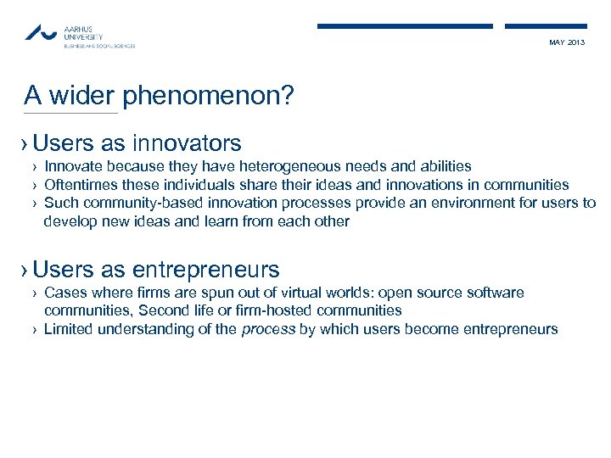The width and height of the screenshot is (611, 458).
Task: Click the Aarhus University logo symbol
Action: coord(42,33)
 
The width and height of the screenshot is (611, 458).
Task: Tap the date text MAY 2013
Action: coord(567,42)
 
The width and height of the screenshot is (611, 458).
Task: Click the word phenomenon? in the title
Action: coord(209,95)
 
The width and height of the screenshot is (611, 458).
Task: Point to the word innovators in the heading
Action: coord(187,142)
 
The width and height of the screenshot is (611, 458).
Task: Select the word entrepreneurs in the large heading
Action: coord(205,270)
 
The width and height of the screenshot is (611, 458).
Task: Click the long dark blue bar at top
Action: coord(405,26)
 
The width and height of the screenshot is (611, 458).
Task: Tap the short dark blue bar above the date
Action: coord(546,26)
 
